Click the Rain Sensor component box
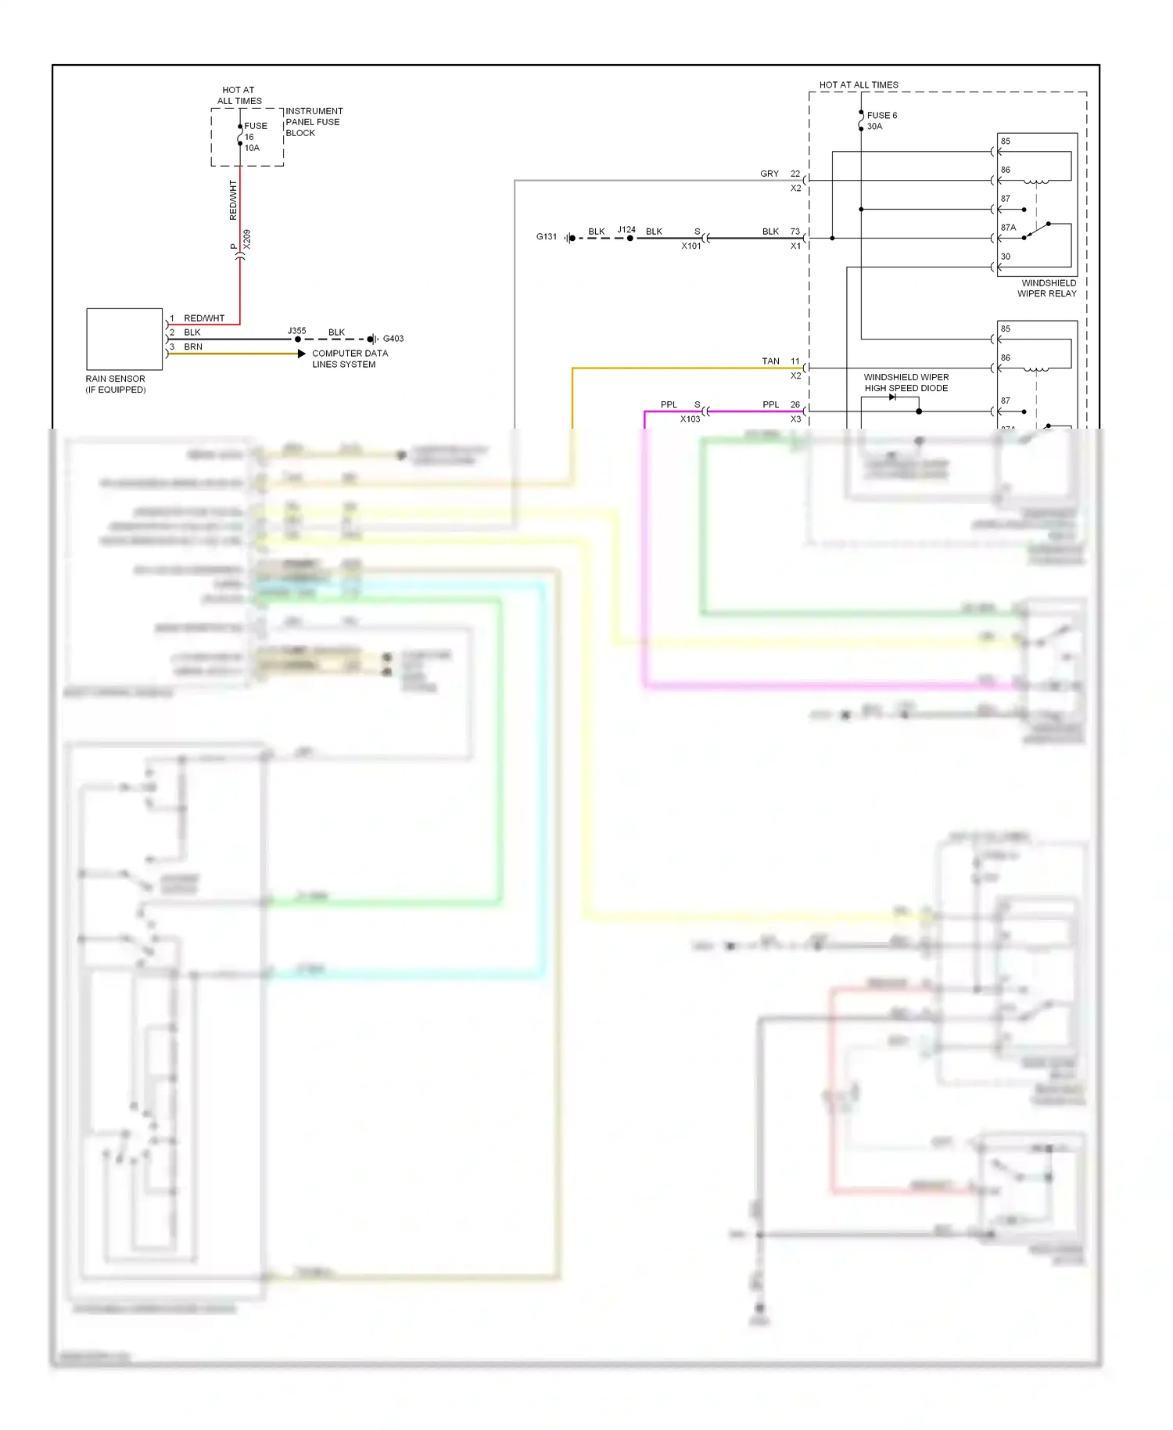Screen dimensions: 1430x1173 click(x=124, y=338)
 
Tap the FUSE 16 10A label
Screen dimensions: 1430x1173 click(x=254, y=137)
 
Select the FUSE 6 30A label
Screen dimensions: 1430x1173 click(x=881, y=120)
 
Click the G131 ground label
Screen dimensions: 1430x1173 click(x=546, y=236)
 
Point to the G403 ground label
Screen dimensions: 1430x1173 click(x=393, y=339)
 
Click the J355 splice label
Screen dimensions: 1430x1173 click(x=296, y=331)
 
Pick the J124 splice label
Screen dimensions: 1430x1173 click(x=626, y=230)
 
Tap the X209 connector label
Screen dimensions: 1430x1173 click(x=247, y=239)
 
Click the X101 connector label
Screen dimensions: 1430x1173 click(x=691, y=246)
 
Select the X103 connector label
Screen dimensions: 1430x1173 click(x=690, y=419)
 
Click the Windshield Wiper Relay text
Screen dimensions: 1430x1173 click(x=1047, y=288)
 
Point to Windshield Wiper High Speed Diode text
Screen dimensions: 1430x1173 click(x=906, y=383)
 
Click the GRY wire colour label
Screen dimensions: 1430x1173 click(x=769, y=174)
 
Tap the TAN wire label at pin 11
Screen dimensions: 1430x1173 click(x=770, y=361)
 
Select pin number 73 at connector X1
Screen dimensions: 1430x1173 click(x=795, y=232)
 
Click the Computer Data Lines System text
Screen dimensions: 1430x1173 click(x=350, y=358)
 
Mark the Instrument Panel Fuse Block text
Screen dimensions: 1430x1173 click(x=314, y=122)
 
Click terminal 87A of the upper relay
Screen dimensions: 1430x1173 click(x=1008, y=228)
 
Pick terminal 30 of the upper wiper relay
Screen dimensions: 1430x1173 click(x=1005, y=257)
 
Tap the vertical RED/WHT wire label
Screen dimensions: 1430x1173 click(x=233, y=199)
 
